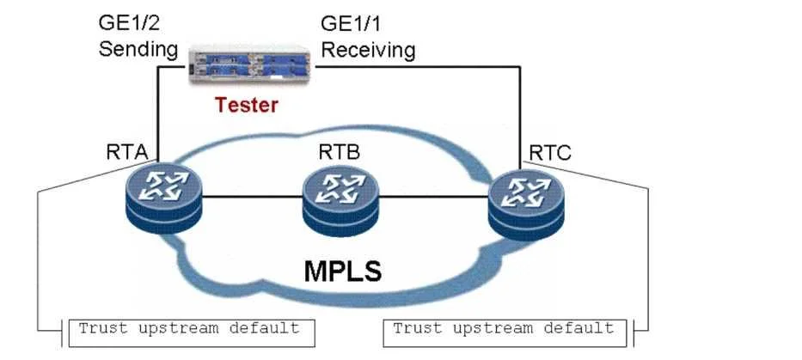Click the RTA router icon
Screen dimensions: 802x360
pyautogui.click(x=164, y=199)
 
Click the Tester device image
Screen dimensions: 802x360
pyautogui.click(x=250, y=65)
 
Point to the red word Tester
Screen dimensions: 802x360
pyautogui.click(x=247, y=105)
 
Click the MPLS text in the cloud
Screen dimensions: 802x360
pyautogui.click(x=343, y=271)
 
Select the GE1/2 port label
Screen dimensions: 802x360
pyautogui.click(x=126, y=23)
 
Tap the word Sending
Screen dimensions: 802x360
pyautogui.click(x=138, y=50)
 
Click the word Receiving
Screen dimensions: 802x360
pyautogui.click(x=368, y=50)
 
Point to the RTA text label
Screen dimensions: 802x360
pyautogui.click(x=127, y=152)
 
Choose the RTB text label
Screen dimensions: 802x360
pyautogui.click(x=340, y=152)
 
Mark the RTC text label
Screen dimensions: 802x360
pyautogui.click(x=550, y=152)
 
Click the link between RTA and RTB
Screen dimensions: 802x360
pyautogui.click(x=252, y=196)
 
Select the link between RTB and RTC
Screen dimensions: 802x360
pyautogui.click(x=434, y=197)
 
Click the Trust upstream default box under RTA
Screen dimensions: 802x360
pyautogui.click(x=192, y=333)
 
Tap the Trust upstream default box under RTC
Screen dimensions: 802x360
pyautogui.click(x=505, y=333)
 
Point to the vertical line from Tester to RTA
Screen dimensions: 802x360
pyautogui.click(x=158, y=114)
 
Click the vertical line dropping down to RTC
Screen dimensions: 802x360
pyautogui.click(x=520, y=118)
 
